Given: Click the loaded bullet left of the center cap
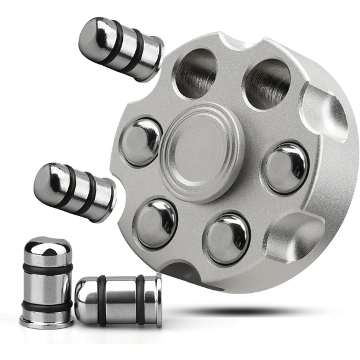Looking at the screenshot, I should coord(142,140).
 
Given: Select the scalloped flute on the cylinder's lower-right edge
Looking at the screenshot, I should coord(293,243).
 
